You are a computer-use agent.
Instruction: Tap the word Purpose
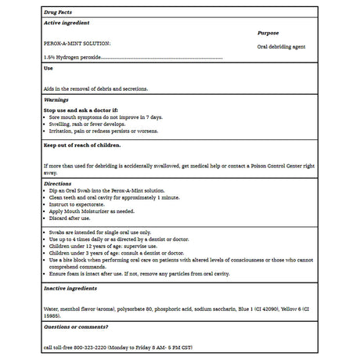point(268,34)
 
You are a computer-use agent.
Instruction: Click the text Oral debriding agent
point(281,47)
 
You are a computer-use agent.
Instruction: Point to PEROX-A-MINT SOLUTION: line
point(77,44)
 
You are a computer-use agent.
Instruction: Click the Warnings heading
point(56,100)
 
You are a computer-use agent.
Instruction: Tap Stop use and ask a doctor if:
point(81,110)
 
